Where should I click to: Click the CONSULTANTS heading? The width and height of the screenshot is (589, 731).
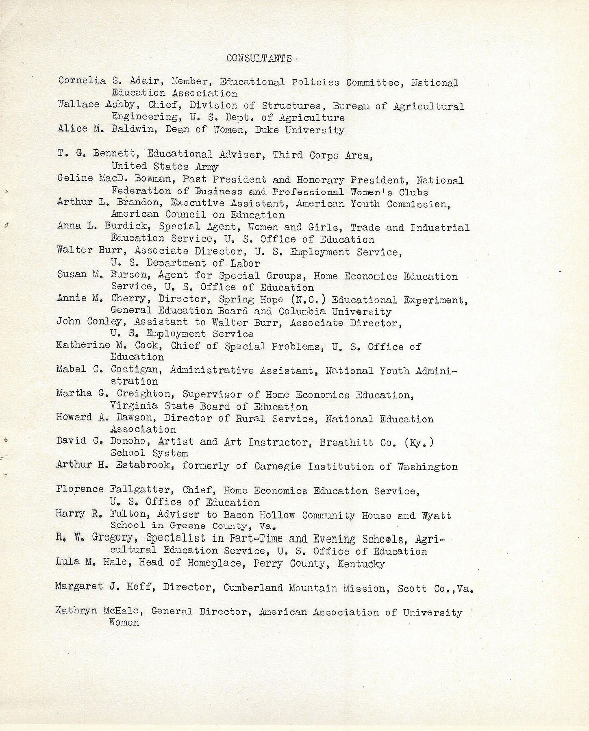[x=259, y=59]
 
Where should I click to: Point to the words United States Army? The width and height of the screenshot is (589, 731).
[x=165, y=166]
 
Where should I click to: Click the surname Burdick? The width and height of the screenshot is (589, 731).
[x=127, y=227]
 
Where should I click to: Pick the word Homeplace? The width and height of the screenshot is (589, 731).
[x=219, y=563]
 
